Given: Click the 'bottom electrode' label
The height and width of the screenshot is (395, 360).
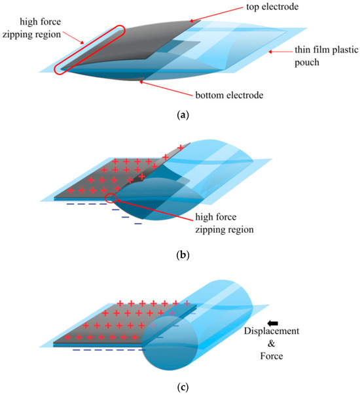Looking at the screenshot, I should pyautogui.click(x=225, y=95).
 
